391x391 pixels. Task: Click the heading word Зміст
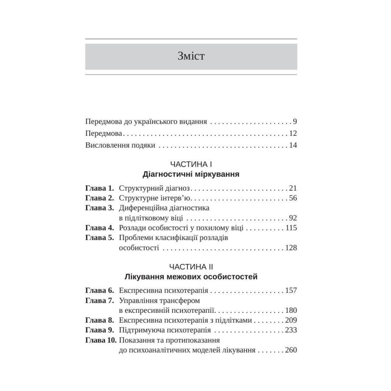point(191,56)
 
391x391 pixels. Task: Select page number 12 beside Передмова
point(293,133)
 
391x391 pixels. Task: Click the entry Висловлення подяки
point(120,145)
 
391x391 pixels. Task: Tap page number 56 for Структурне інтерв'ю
point(293,197)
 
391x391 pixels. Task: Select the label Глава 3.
point(99,208)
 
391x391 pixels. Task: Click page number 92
point(293,218)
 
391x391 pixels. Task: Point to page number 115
point(291,228)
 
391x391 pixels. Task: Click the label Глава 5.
point(99,238)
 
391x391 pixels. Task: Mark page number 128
point(291,248)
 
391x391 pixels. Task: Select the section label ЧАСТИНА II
point(191,267)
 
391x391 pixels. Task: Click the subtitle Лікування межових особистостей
point(191,277)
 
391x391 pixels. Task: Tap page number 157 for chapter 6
point(291,291)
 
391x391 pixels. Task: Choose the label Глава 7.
point(99,301)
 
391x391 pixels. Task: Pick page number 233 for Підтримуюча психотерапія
point(291,330)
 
